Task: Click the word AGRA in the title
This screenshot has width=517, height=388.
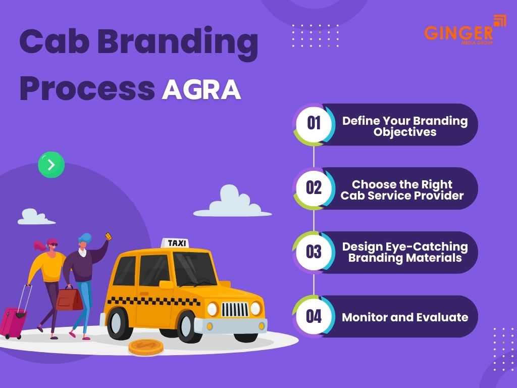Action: [x=201, y=89]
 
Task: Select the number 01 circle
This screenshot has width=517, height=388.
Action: [x=314, y=124]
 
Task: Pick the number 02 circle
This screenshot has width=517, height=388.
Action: [x=314, y=188]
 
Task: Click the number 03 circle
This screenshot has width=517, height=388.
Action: [x=314, y=252]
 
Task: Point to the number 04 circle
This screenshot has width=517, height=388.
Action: [x=314, y=316]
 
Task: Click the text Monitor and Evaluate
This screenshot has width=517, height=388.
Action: [x=405, y=317]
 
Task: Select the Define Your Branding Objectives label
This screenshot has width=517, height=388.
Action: [x=405, y=126]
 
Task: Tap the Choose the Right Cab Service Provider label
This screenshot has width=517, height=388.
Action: [x=402, y=190]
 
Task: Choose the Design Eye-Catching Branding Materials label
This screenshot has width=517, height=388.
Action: [x=405, y=252]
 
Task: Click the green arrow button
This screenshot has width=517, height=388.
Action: [x=51, y=165]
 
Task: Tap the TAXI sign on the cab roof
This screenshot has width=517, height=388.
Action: [x=177, y=243]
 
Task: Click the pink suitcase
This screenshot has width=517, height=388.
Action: [x=13, y=320]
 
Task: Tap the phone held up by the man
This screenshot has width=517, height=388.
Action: [x=108, y=236]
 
